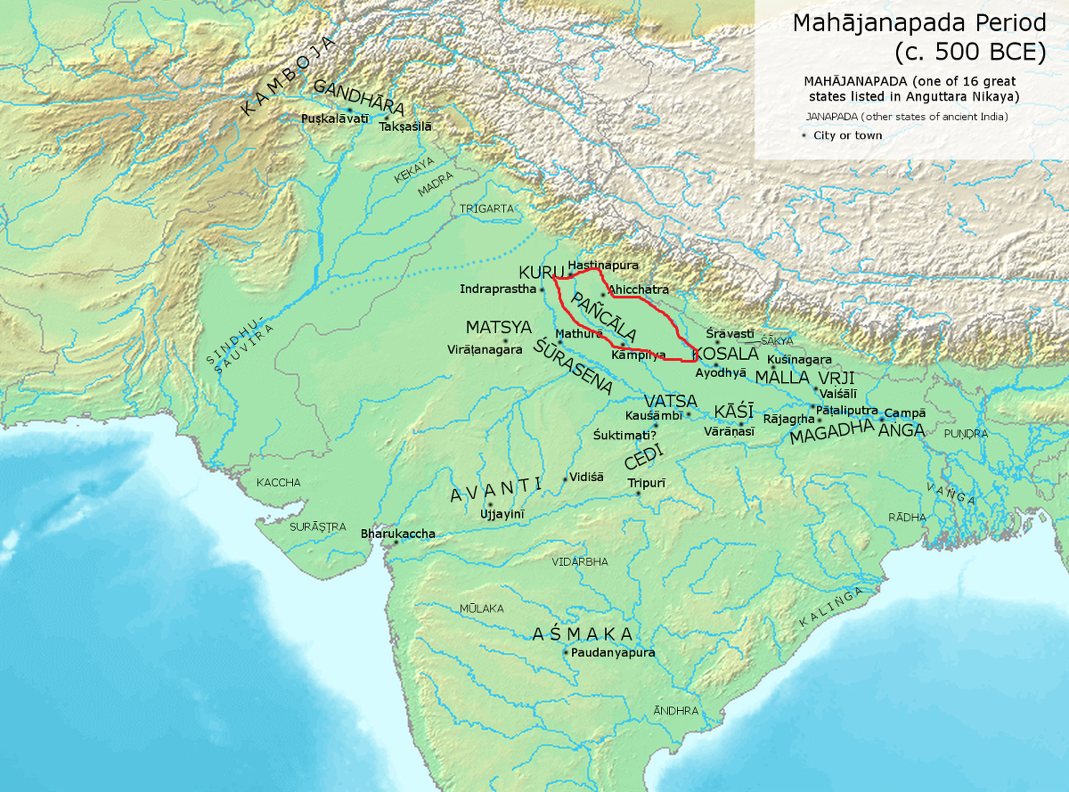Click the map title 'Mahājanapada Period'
[x=918, y=22]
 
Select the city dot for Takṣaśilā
[x=387, y=117]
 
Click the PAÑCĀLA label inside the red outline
[x=605, y=315]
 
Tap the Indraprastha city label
[x=498, y=290]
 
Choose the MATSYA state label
[x=499, y=327]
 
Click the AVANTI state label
[x=496, y=489]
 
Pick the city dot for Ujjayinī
[x=489, y=505]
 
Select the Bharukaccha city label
[x=397, y=534]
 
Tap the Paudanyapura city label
[x=614, y=653]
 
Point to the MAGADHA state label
[x=831, y=436]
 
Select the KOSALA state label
[x=725, y=354]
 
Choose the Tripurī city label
[x=647, y=482]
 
